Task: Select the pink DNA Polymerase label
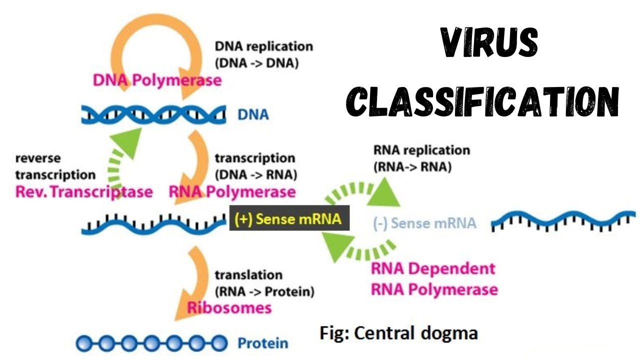[x=157, y=80]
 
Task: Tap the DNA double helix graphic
[x=152, y=114]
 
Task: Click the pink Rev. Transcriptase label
[x=83, y=192]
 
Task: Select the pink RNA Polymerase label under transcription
[x=232, y=191]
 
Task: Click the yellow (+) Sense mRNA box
[x=288, y=218]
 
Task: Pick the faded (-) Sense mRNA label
[x=424, y=223]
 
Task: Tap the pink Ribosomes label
[x=229, y=307]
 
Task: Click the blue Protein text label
[x=262, y=343]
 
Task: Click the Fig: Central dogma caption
[x=398, y=332]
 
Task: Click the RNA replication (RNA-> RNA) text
[x=421, y=158]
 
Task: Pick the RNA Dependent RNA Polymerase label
[x=434, y=278]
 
